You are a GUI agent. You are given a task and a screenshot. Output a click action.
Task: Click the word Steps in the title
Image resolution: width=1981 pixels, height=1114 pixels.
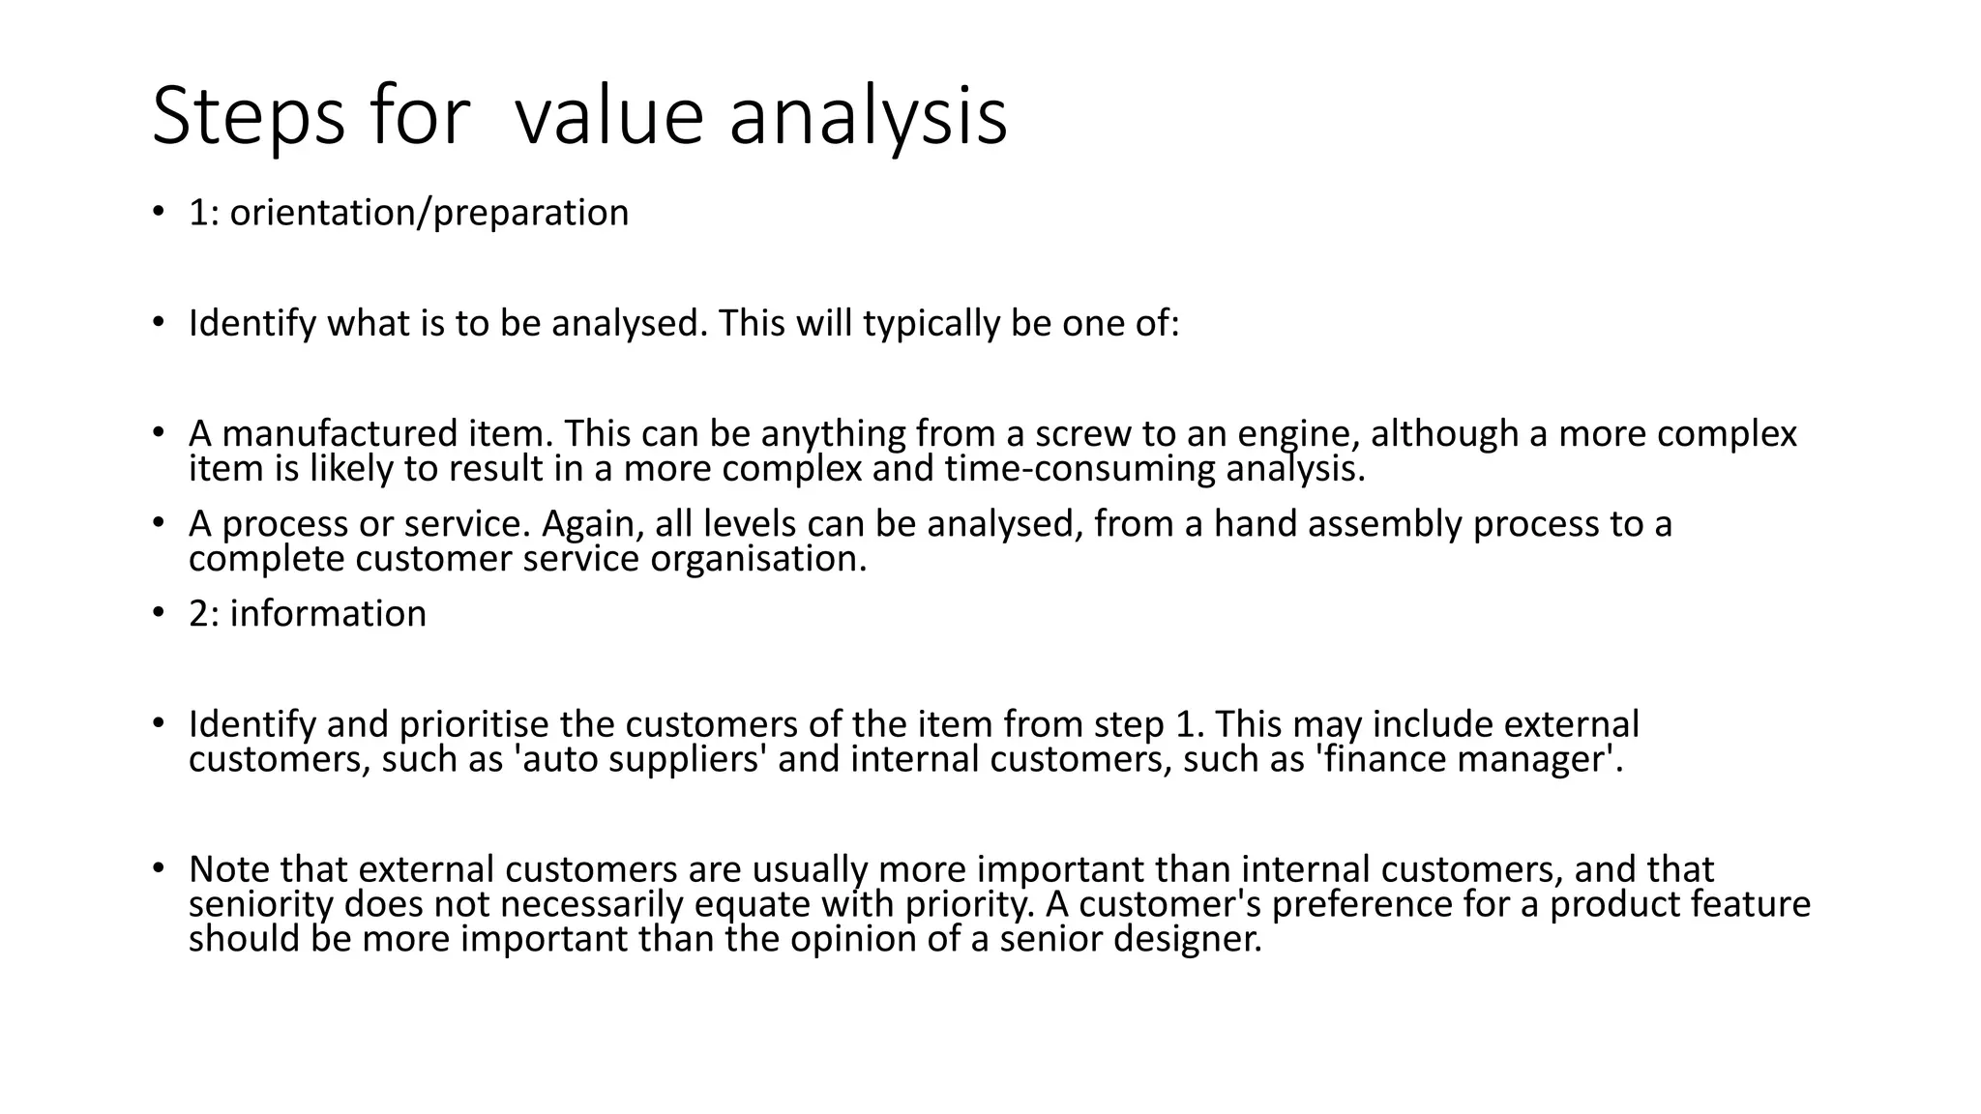[x=248, y=117]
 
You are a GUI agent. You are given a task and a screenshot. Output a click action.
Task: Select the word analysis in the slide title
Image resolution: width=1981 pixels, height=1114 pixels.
[x=868, y=117]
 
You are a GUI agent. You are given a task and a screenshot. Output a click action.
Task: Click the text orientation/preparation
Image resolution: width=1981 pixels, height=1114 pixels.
[x=429, y=213]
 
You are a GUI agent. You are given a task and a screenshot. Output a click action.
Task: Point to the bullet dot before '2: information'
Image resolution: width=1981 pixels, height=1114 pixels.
[x=158, y=612]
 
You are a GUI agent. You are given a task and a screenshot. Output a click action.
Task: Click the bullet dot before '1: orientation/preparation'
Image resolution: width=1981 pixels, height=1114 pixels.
[x=158, y=212]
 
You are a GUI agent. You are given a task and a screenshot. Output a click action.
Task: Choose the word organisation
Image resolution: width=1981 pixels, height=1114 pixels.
[x=758, y=559]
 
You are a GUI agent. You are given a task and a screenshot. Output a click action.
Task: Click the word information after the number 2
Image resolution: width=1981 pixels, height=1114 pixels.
[x=328, y=613]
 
